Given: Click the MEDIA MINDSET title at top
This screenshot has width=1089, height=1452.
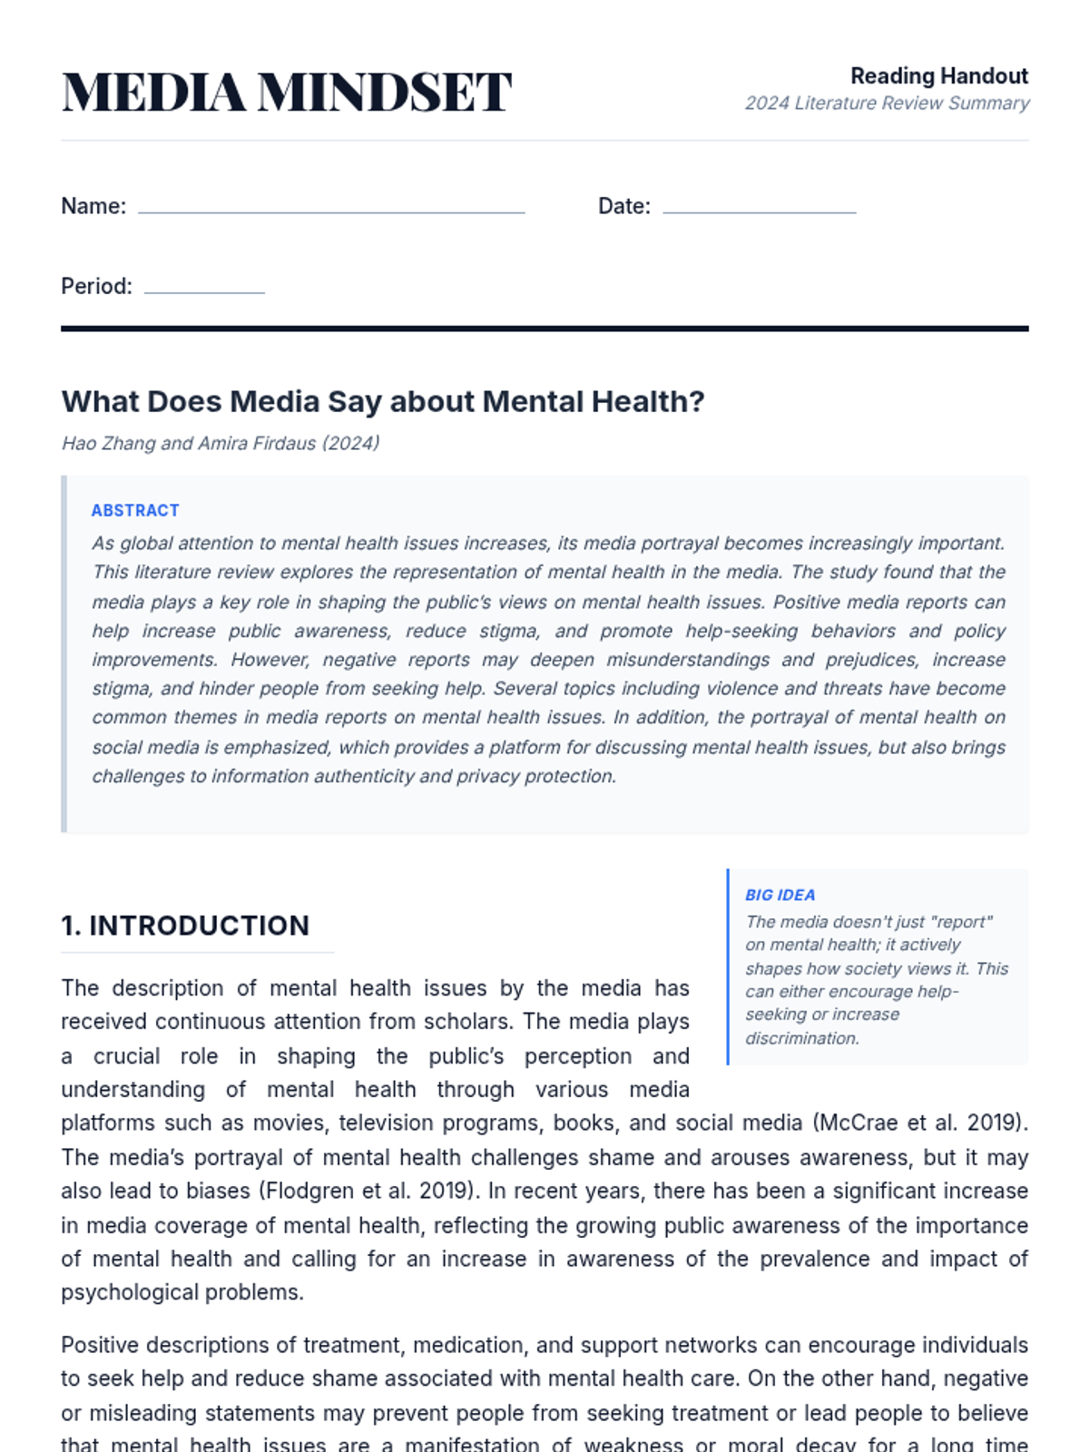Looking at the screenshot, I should pyautogui.click(x=286, y=92).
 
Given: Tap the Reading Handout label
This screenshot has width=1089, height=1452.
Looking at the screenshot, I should pyautogui.click(x=938, y=76).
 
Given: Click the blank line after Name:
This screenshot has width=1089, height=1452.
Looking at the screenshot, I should pyautogui.click(x=331, y=210).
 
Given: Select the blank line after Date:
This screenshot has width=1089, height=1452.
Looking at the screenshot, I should pyautogui.click(x=759, y=210).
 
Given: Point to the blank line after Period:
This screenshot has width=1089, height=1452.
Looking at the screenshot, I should pyautogui.click(x=204, y=289).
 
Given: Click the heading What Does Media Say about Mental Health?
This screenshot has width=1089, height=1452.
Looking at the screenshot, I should pyautogui.click(x=382, y=401).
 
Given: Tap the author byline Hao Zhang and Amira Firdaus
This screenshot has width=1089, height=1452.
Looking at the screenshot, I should pyautogui.click(x=220, y=444).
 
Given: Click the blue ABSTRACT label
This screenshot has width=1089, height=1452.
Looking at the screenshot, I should pyautogui.click(x=135, y=511).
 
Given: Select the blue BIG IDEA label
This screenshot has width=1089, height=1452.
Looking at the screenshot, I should pyautogui.click(x=780, y=895).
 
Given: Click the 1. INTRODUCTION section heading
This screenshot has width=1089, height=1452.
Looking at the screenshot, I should pyautogui.click(x=185, y=926).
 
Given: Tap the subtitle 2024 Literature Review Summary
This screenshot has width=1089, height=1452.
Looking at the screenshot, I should pyautogui.click(x=887, y=103).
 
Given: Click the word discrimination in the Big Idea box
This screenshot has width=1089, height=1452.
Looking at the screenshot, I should pyautogui.click(x=801, y=1038).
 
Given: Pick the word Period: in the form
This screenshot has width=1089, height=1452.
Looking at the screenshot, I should pyautogui.click(x=96, y=287).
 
